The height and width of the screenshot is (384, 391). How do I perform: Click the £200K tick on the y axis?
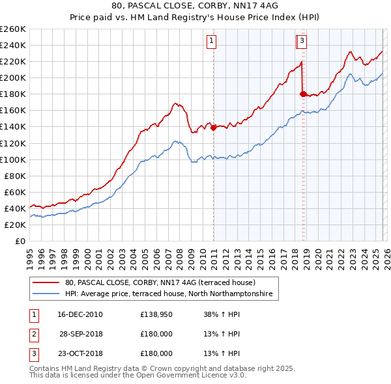13,77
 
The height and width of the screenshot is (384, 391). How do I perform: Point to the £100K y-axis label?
13,159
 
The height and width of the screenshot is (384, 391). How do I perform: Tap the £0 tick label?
20,241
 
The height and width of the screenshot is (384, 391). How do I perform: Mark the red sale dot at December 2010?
213,128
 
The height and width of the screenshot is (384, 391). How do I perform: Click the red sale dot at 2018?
303,94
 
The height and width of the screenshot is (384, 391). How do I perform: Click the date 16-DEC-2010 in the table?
80,314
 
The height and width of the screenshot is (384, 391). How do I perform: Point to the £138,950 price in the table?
156,314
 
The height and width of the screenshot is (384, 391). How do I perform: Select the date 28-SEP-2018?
81,334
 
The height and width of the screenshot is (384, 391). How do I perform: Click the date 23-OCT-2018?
80,353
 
